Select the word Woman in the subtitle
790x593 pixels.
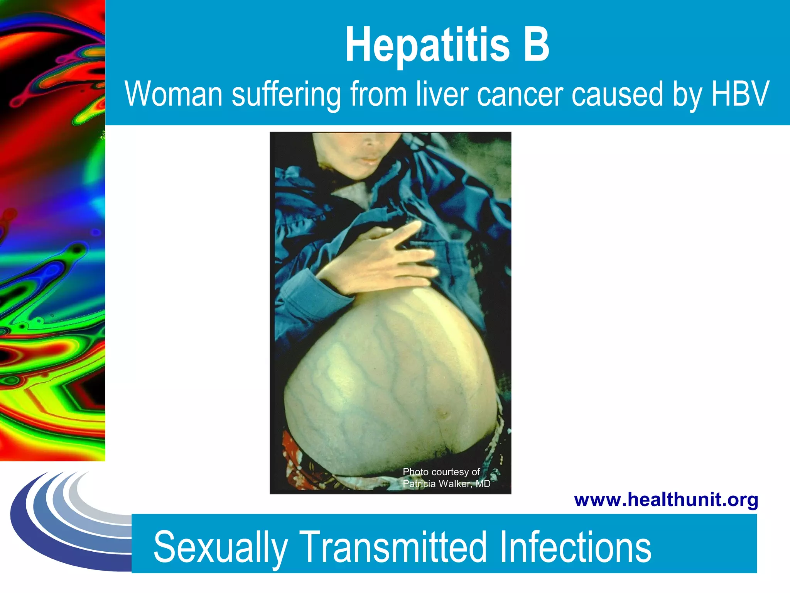tap(174, 94)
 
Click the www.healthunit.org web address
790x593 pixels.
tap(666, 500)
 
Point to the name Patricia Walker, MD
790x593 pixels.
tap(446, 484)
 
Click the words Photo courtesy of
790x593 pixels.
tap(441, 472)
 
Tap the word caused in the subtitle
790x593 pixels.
tap(617, 95)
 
